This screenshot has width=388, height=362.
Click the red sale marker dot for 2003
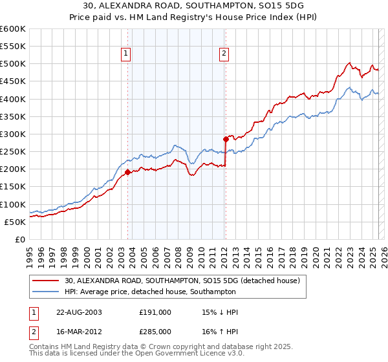(x=127, y=172)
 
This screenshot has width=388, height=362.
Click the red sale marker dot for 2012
(x=226, y=139)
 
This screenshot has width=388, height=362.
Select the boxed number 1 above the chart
(x=125, y=54)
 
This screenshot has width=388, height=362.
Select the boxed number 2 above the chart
(x=224, y=54)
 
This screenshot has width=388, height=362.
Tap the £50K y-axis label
(x=15, y=222)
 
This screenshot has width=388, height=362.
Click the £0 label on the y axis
(x=20, y=239)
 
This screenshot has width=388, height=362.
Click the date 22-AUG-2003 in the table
(x=79, y=312)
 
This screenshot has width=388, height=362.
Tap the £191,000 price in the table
(x=155, y=312)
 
